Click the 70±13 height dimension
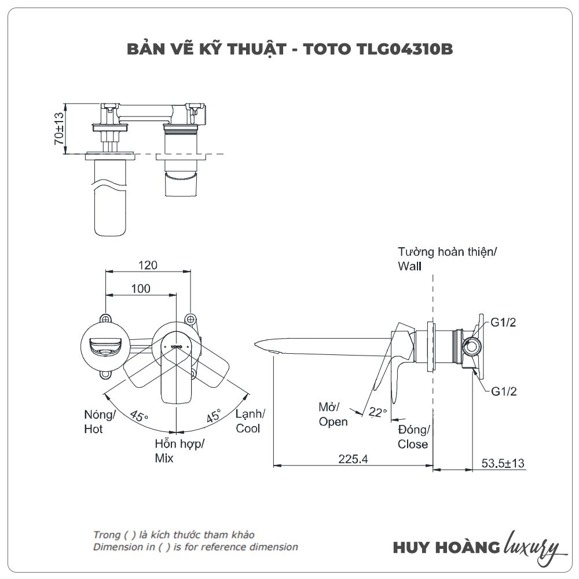(x=58, y=129)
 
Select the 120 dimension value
(x=148, y=265)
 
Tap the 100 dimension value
(x=141, y=288)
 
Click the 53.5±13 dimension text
(x=503, y=463)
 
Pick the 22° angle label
(x=378, y=412)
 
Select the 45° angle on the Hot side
(x=139, y=416)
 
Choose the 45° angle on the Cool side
(x=214, y=416)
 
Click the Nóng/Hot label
(x=100, y=422)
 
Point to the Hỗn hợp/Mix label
(x=179, y=451)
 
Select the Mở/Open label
(x=333, y=414)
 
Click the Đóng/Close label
(x=413, y=437)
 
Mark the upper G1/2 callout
(x=503, y=323)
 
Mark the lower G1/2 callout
(x=503, y=391)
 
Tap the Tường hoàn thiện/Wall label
(x=447, y=259)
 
